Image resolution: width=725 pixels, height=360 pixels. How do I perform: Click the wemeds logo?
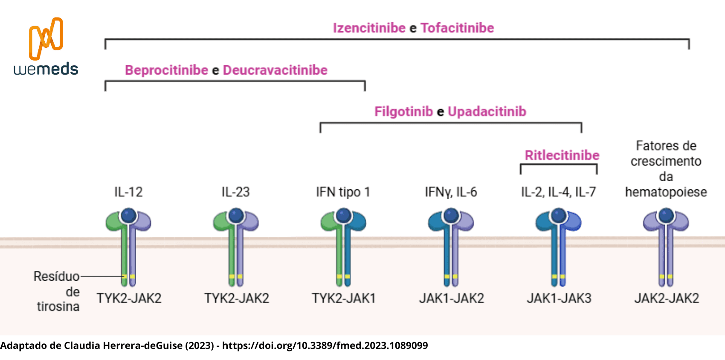46,47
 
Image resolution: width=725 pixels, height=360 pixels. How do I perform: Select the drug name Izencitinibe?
369,28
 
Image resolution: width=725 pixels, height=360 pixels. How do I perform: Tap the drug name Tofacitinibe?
457,28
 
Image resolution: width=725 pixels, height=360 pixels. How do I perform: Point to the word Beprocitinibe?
166,70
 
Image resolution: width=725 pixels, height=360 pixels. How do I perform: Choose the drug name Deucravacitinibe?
275,70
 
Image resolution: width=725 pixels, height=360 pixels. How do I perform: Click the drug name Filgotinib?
403,112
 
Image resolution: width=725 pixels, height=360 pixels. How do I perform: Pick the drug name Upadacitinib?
487,112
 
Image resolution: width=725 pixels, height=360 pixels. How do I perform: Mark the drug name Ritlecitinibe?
562,155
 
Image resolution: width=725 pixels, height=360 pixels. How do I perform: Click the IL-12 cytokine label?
128,192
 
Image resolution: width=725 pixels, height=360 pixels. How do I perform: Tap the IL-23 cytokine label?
235,192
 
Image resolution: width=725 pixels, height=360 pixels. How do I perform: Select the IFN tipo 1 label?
343,192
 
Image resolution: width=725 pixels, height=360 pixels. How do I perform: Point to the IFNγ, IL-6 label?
451,192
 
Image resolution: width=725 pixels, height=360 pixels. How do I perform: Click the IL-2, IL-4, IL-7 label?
558,192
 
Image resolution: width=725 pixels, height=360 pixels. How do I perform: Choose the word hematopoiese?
666,192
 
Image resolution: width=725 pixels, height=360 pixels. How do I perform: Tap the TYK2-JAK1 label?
343,298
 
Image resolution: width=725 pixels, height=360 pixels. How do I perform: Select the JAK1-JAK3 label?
559,298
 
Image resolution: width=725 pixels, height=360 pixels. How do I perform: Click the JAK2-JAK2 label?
667,298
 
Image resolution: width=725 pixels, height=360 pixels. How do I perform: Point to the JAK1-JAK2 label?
451,298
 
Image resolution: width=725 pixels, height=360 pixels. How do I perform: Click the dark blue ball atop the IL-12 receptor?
128,216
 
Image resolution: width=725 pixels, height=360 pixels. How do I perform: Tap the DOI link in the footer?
325,345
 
